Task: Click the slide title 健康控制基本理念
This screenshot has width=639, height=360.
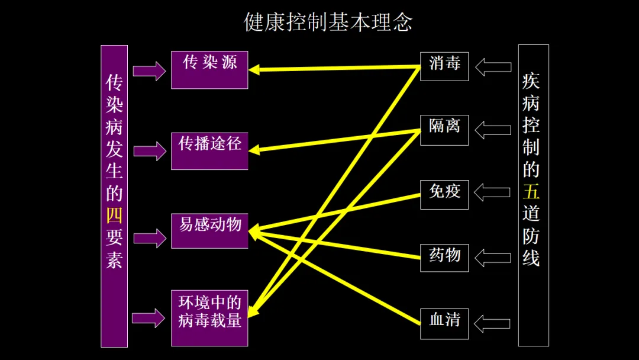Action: click(x=328, y=22)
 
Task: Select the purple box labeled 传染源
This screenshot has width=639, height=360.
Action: click(x=209, y=70)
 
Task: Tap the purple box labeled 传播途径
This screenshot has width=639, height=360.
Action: click(x=209, y=151)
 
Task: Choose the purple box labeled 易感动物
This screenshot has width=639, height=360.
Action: click(x=209, y=230)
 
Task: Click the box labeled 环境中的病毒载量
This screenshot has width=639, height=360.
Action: click(x=209, y=318)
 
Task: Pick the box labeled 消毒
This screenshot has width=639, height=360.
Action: click(x=444, y=66)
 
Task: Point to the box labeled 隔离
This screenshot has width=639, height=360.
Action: click(x=444, y=130)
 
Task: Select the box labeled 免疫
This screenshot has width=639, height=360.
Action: click(x=444, y=194)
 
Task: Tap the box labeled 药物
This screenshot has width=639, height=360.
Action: click(x=444, y=258)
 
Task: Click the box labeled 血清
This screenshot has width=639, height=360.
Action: click(x=444, y=323)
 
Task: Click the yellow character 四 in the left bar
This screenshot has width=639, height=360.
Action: click(x=114, y=215)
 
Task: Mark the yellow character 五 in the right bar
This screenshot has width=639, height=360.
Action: click(x=531, y=191)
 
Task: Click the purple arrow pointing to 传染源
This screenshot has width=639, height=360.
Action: click(x=149, y=71)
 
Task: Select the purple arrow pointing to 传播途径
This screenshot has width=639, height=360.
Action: click(x=149, y=150)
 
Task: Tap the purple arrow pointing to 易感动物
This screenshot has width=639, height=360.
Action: click(x=149, y=238)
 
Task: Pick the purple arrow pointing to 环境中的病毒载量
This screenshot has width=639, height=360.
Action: click(x=149, y=317)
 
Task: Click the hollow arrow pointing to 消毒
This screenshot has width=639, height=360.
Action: click(x=493, y=66)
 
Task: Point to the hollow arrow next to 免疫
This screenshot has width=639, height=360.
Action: click(x=492, y=192)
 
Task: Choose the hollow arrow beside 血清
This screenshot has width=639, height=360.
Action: click(x=493, y=323)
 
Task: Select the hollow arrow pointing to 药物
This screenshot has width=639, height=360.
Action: click(x=493, y=258)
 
